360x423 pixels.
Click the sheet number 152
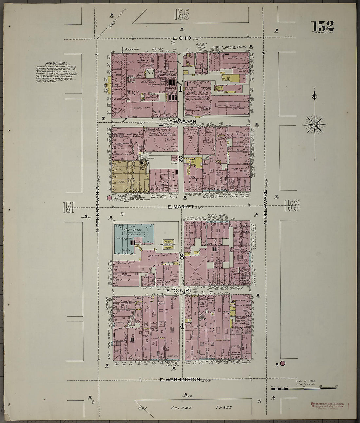(322, 26)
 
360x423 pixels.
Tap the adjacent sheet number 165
(182, 14)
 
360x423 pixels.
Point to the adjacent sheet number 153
(292, 206)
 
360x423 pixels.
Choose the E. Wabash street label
(183, 122)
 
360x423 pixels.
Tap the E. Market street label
(181, 207)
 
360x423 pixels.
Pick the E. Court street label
(179, 290)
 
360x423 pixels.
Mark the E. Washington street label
(180, 379)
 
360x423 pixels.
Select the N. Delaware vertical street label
(266, 208)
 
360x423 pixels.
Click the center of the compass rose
(314, 125)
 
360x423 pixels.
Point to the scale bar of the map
(304, 388)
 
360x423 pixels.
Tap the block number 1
(180, 88)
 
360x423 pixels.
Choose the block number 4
(181, 326)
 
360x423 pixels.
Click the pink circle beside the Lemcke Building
(109, 198)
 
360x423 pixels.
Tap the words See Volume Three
(185, 408)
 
